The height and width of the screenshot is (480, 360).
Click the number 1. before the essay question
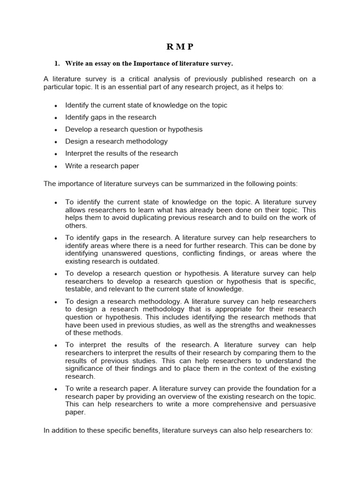(57, 63)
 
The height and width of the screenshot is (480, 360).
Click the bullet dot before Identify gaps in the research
(56, 118)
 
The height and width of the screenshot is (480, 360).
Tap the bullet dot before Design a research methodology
(56, 142)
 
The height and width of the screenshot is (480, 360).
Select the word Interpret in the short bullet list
(79, 153)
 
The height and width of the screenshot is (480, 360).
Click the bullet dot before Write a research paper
(56, 166)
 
